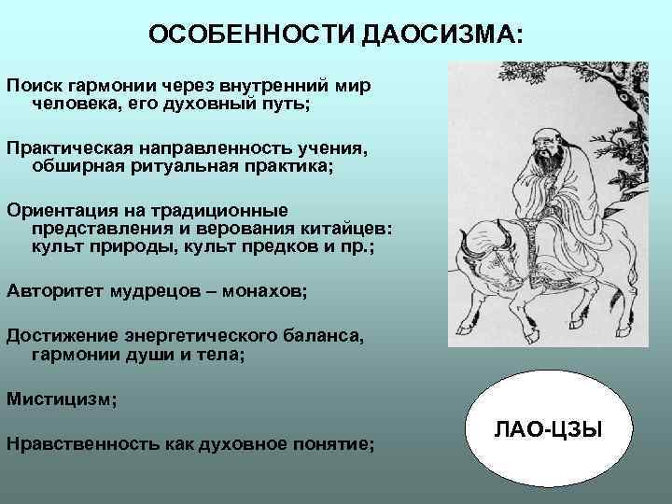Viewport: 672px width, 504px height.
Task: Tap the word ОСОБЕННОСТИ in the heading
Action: pyautogui.click(x=251, y=35)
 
